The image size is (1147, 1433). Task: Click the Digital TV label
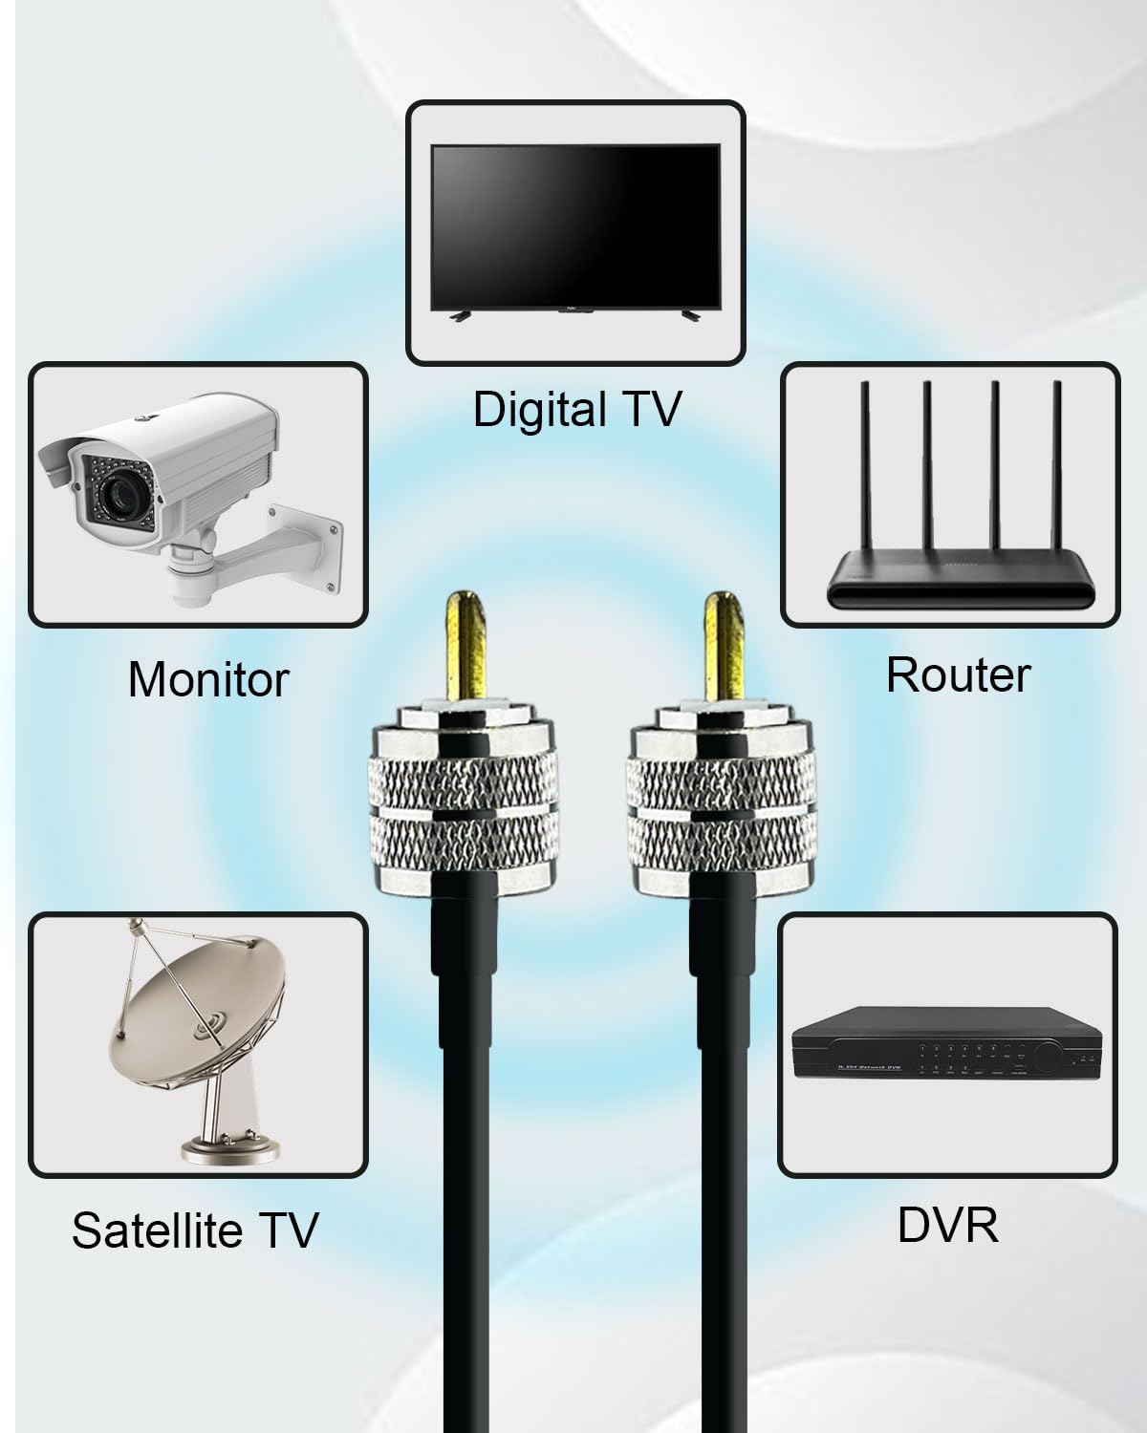[577, 409]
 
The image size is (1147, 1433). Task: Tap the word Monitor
[208, 679]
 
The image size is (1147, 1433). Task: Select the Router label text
[958, 674]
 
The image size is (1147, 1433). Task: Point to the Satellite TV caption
[195, 1230]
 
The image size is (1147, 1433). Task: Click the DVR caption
[948, 1225]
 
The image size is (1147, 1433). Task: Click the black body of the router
[961, 587]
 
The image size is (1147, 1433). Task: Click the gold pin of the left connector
[466, 645]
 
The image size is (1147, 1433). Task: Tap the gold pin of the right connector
[725, 645]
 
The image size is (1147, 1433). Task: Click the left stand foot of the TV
[459, 317]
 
